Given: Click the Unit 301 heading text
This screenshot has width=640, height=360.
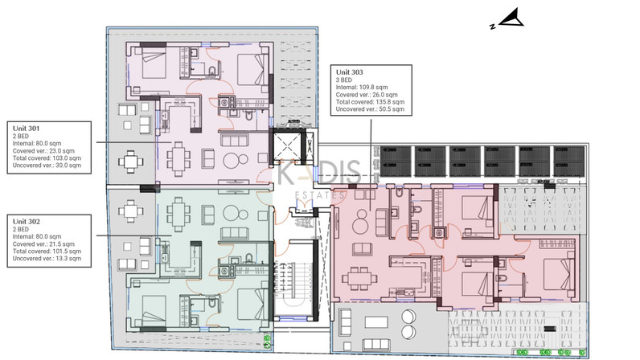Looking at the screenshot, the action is point(26,129).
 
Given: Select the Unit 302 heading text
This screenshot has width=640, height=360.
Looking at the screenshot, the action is point(26,222).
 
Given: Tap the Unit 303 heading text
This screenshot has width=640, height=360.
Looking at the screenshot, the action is point(350,72).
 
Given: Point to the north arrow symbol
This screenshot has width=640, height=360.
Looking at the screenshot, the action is point(507,18).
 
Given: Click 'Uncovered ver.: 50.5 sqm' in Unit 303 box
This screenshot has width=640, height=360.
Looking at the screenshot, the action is point(370,109).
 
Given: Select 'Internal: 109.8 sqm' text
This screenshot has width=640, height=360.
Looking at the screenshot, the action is point(362,88).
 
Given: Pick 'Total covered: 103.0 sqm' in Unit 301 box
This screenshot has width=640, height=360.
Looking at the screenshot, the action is point(47,158).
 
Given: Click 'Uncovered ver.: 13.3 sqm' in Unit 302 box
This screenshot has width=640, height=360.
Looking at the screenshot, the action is point(47,259).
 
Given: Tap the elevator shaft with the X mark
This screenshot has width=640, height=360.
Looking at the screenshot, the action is point(287,145).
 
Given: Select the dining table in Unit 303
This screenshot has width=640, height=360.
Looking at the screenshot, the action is point(359,279).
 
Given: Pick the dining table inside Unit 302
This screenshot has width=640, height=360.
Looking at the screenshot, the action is point(178,214).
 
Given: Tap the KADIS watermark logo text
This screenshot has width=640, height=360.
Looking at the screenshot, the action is point(319,172).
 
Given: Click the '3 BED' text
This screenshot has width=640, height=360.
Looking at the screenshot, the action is point(343,80).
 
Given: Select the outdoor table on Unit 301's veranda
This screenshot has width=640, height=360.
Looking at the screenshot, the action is point(130,162).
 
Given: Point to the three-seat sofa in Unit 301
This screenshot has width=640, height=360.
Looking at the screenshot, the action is point(234,140).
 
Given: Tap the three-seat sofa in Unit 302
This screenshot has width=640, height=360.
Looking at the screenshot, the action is point(234,234).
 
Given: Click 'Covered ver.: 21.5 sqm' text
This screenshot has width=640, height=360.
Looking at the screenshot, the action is point(43,244).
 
